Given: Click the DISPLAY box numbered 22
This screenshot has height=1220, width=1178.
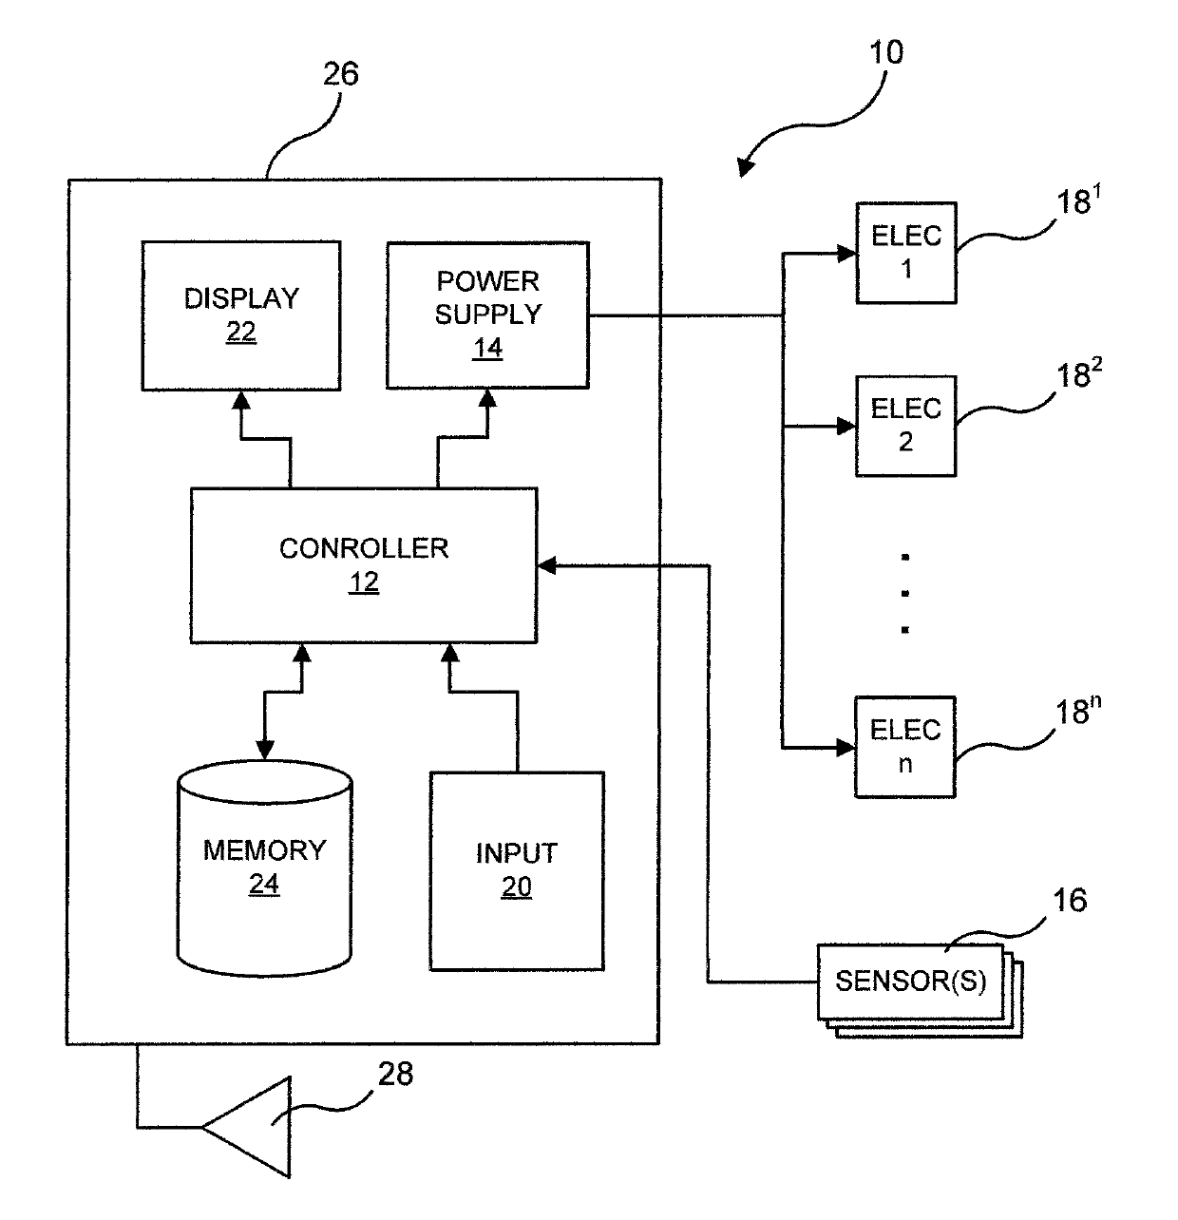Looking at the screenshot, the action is pos(241,315).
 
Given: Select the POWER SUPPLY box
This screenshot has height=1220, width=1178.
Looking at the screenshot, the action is pos(487,315).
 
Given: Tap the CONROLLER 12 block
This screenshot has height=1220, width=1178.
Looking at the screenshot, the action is pos(364,564).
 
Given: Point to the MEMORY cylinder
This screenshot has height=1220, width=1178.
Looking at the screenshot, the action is pos(264,867).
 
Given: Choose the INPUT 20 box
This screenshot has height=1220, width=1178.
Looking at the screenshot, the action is pos(517,870).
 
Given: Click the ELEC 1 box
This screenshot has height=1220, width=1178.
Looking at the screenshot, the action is pos(906,253).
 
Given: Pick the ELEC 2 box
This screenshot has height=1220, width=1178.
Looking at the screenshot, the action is pos(906,426).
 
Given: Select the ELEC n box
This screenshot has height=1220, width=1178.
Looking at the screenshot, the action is pos(905,747).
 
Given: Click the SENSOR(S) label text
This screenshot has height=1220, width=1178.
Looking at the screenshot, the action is pos(910,980).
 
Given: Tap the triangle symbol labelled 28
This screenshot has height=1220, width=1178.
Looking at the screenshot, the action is pos(246,1127).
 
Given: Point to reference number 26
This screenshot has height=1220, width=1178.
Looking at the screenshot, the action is pos(340,74).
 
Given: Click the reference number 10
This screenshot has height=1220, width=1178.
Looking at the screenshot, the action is pos(885,52).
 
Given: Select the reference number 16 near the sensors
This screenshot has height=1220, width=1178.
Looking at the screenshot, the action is pos(1069,900).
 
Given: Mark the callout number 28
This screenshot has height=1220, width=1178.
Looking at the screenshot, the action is pos(395,1074).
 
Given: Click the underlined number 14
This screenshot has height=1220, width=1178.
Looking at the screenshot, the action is pos(487,348).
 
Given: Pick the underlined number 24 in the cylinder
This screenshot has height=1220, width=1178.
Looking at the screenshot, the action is pos(264,884).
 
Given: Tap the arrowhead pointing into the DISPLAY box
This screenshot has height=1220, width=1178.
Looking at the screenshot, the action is pos(241,400).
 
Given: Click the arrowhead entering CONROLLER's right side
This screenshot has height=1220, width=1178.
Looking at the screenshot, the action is pos(546,565).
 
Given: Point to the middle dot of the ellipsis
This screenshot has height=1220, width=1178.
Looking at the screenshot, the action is pos(904,593).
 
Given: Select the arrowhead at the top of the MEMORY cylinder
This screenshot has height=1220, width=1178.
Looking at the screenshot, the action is pos(264,750).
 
